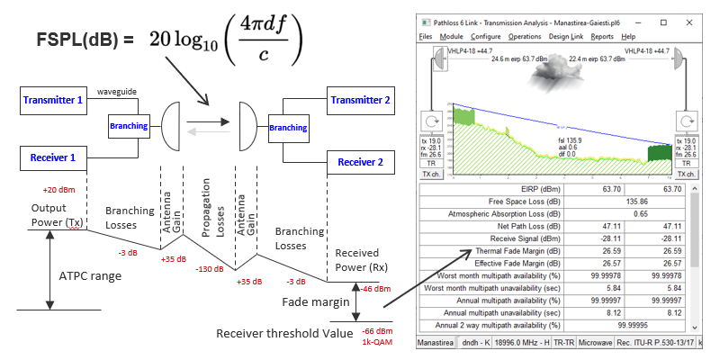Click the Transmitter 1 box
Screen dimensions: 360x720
coord(53,102)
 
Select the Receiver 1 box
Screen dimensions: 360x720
coord(53,159)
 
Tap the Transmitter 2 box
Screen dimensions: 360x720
coord(359,102)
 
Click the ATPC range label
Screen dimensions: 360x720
coord(89,275)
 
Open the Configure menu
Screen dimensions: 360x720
coord(485,36)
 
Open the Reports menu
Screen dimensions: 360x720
coord(602,36)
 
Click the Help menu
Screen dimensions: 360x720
coord(629,36)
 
